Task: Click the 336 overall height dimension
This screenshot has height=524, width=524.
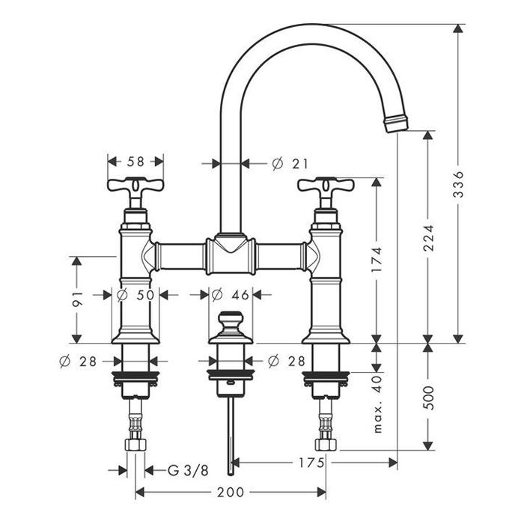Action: point(460,184)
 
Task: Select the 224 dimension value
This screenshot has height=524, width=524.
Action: point(428,238)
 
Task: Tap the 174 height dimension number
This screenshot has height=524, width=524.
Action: point(377,260)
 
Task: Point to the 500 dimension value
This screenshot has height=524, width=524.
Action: point(428,398)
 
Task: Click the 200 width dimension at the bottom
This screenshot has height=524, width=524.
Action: point(231,492)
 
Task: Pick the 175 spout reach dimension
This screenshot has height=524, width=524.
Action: point(311,463)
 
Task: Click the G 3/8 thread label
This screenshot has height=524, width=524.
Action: point(188,471)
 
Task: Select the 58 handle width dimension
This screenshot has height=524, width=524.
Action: point(135,162)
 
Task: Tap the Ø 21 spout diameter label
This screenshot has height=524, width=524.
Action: point(290,164)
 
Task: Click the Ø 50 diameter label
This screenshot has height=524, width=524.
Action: point(136,295)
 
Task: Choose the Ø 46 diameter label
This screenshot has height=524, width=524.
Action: point(231,295)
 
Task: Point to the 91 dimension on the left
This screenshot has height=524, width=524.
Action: point(77,299)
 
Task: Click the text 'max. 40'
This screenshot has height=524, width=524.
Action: point(377,404)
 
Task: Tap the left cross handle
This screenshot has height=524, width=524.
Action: point(135,186)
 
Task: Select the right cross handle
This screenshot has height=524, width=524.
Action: point(326,186)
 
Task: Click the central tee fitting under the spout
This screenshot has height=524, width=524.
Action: point(231,254)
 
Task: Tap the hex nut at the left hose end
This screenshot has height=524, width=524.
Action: point(135,445)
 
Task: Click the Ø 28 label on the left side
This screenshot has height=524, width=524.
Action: point(78,362)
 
